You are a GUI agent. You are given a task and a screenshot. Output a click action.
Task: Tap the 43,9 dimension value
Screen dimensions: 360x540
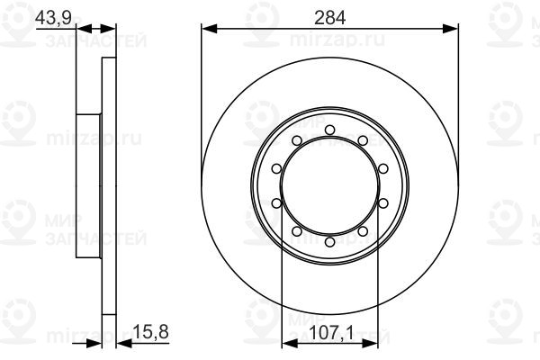click(x=53, y=14)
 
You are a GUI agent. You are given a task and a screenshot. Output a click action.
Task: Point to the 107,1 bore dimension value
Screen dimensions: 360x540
click(x=329, y=332)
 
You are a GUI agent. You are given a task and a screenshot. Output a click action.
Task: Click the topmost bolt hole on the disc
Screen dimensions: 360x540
click(x=329, y=130)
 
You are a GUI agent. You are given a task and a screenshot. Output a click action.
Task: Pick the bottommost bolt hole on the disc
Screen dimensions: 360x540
click(x=329, y=242)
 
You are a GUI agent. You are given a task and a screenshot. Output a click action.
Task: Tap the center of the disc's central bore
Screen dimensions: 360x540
click(x=329, y=186)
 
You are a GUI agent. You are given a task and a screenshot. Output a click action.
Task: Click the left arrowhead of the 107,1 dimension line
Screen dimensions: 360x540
click(x=287, y=344)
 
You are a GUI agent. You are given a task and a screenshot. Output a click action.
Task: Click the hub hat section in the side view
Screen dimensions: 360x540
click(x=88, y=186)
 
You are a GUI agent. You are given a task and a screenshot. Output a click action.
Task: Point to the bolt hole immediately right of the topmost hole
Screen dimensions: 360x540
click(x=362, y=140)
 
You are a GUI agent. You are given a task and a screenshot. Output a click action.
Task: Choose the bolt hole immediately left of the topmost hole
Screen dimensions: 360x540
click(x=297, y=140)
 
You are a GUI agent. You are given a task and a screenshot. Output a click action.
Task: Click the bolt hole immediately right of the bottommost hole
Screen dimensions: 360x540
click(x=362, y=232)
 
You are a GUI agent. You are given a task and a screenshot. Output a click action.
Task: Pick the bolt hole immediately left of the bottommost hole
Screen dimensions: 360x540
click(x=297, y=232)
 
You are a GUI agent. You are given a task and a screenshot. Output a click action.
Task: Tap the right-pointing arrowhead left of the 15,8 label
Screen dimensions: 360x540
click(x=95, y=344)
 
